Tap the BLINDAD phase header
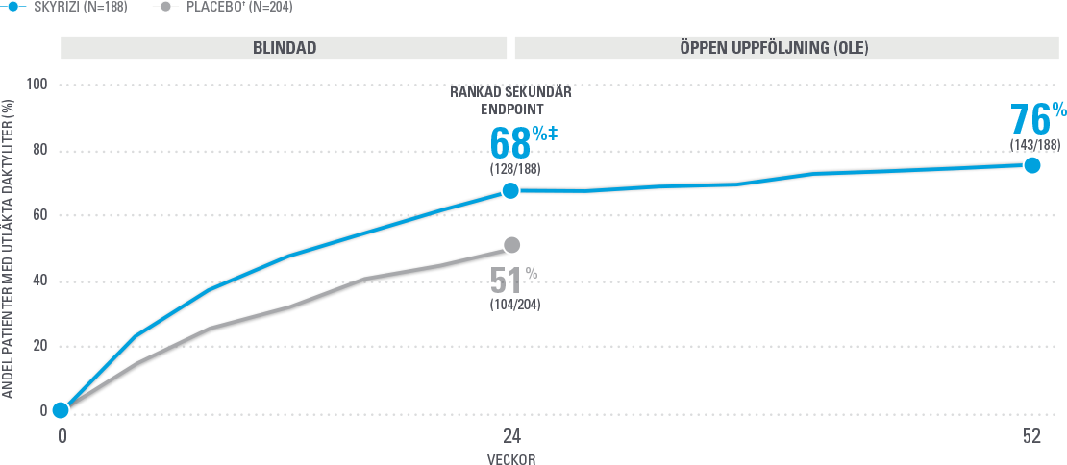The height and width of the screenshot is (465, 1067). tap(284, 47)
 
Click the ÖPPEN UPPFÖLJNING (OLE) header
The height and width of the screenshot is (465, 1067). tap(787, 47)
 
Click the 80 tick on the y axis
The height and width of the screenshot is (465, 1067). tap(40, 151)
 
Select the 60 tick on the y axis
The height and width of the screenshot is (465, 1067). tap(40, 216)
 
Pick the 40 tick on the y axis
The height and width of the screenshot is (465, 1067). tap(40, 281)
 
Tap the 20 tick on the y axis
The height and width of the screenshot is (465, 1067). tap(40, 347)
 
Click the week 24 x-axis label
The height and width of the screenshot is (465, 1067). tap(510, 436)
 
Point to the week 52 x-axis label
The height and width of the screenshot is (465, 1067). tap(1031, 436)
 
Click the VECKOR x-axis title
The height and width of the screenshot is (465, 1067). tap(510, 459)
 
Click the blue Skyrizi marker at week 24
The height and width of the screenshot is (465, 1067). tap(510, 190)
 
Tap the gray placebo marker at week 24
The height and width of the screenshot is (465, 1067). tap(511, 245)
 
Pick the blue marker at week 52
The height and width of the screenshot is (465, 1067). tap(1031, 165)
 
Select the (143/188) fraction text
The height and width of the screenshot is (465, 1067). tap(1035, 145)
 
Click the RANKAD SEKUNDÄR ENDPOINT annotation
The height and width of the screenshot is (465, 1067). tap(510, 101)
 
